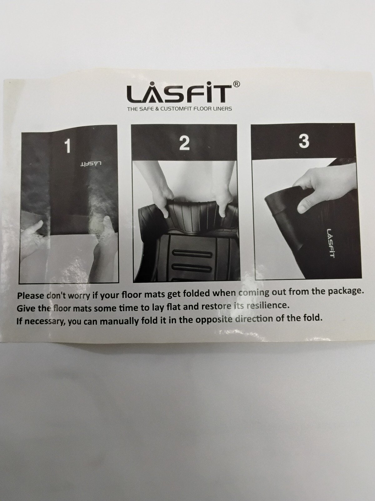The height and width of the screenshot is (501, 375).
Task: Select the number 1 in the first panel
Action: tap(67, 146)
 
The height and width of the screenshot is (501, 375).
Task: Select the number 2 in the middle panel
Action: tap(184, 143)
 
